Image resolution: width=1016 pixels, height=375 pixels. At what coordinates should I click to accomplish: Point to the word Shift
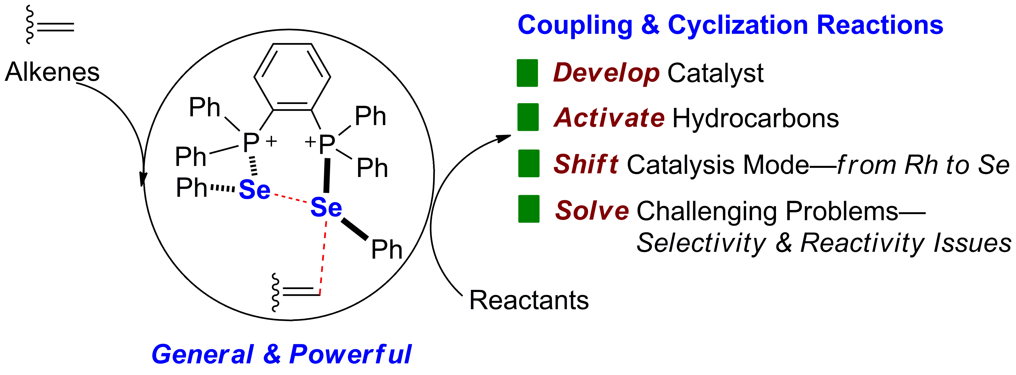click(586, 164)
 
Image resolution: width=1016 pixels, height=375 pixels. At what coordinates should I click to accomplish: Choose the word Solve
click(592, 210)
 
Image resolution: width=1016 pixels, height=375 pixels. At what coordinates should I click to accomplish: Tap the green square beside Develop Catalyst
click(527, 73)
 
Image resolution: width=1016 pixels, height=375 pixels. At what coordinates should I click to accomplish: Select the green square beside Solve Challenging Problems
click(528, 209)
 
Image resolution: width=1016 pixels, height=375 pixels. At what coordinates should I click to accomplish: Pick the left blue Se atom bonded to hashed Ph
click(254, 190)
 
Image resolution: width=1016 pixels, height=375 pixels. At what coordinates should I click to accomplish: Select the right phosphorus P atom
click(327, 144)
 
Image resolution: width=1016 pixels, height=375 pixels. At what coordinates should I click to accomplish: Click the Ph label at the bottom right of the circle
click(387, 249)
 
